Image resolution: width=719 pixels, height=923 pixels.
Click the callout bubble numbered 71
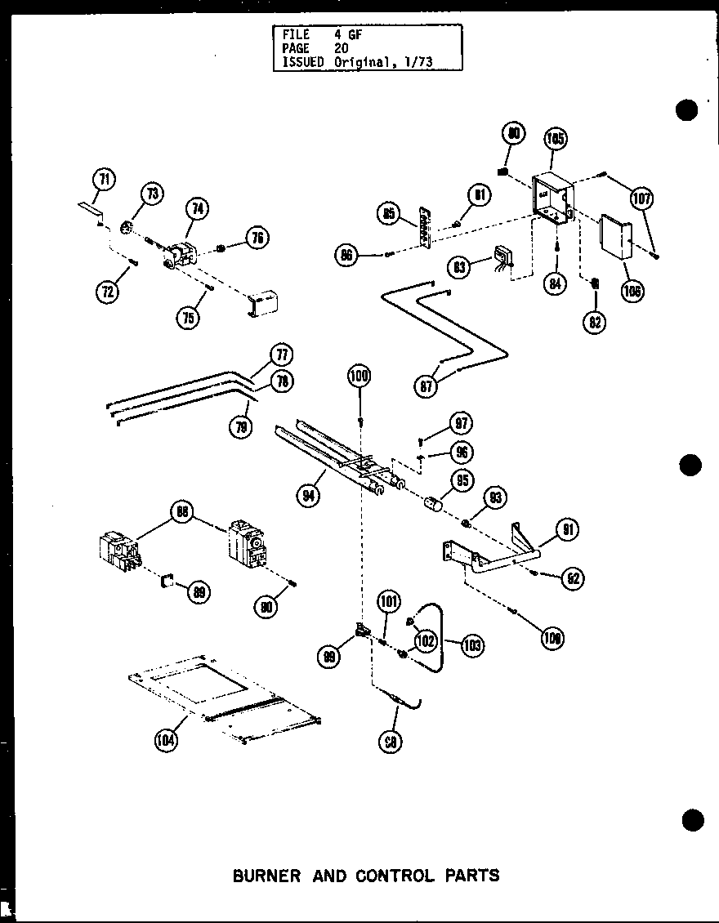(x=105, y=179)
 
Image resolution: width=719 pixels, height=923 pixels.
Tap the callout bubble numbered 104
(x=166, y=741)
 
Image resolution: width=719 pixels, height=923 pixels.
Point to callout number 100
(x=359, y=377)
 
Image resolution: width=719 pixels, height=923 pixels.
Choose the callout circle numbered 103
(x=472, y=645)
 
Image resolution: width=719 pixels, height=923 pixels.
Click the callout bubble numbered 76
(x=257, y=238)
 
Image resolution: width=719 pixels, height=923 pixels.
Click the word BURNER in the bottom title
(x=266, y=876)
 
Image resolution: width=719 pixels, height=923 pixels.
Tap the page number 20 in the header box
(x=341, y=48)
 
